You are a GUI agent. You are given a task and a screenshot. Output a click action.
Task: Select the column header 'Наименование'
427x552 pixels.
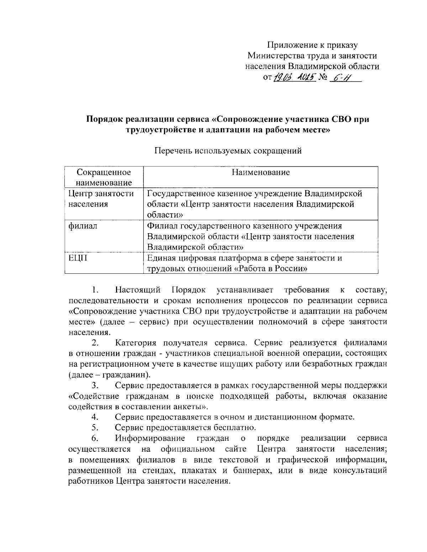[260, 172]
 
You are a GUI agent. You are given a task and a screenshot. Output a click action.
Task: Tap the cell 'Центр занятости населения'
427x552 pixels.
[101, 199]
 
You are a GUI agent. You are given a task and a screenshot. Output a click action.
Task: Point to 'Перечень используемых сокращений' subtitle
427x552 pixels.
[228, 151]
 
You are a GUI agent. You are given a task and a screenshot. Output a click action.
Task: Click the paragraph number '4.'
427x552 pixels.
[94, 417]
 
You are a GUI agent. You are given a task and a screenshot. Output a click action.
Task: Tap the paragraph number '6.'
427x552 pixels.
[94, 438]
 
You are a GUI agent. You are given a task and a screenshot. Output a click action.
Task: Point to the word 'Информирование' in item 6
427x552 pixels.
[150, 438]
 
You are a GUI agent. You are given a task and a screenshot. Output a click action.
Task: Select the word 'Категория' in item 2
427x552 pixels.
[136, 343]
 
